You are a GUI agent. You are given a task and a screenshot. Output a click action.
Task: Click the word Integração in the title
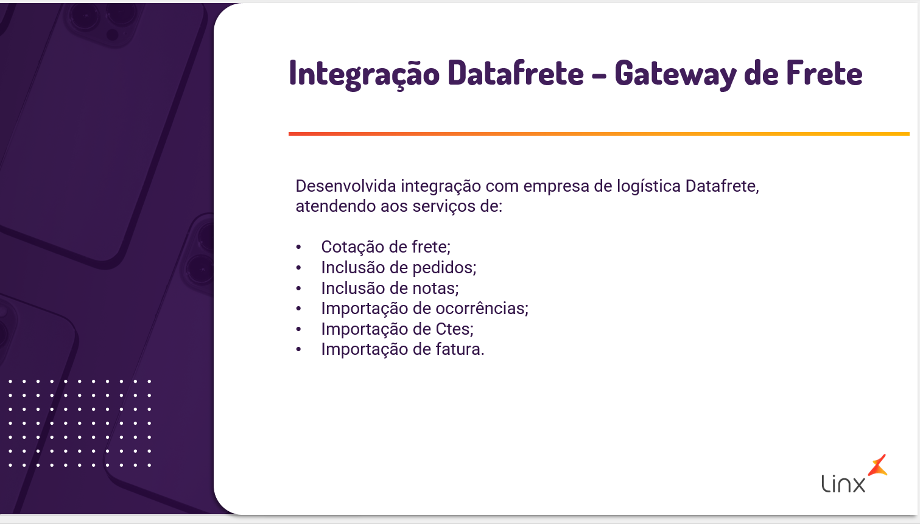tap(364, 74)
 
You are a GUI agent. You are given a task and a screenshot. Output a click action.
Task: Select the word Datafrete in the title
tap(516, 72)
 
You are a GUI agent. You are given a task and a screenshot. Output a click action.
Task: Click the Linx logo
tap(854, 473)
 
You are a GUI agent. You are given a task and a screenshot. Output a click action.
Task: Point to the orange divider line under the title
tap(599, 134)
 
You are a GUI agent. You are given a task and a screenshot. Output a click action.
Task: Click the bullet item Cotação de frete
tap(386, 247)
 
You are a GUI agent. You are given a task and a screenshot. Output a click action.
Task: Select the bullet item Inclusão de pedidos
tap(399, 268)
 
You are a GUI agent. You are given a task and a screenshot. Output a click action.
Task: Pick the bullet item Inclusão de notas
tap(390, 288)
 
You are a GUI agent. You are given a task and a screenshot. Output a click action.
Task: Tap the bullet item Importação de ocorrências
tap(425, 309)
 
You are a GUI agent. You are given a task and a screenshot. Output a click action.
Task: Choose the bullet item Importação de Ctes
tap(398, 329)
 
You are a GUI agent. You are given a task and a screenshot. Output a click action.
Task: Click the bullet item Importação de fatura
tap(403, 349)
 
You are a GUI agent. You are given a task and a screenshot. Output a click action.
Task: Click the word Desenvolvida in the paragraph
tap(346, 186)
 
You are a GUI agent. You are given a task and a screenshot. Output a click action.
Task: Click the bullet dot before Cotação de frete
tap(298, 247)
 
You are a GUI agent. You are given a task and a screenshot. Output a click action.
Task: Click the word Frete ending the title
tap(824, 72)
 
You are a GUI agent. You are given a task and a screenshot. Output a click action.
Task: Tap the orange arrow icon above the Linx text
tap(878, 466)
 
